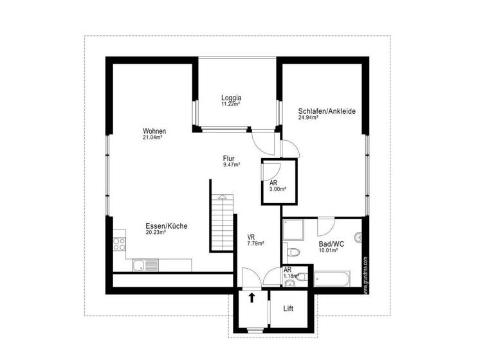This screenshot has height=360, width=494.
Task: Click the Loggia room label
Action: click(231, 98)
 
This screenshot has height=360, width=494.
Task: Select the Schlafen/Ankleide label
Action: click(327, 111)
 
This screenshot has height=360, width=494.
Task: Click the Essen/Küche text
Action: click(166, 226)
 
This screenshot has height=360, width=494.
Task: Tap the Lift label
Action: click(289, 309)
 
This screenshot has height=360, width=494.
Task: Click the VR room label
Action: click(252, 237)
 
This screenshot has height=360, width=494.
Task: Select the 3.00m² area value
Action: click(278, 190)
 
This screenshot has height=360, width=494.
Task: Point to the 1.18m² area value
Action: click(291, 276)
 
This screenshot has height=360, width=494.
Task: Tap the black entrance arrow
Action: click(252, 298)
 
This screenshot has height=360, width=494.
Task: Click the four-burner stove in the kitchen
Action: click(120, 243)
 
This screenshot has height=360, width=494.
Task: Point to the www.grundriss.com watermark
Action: click(365, 274)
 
